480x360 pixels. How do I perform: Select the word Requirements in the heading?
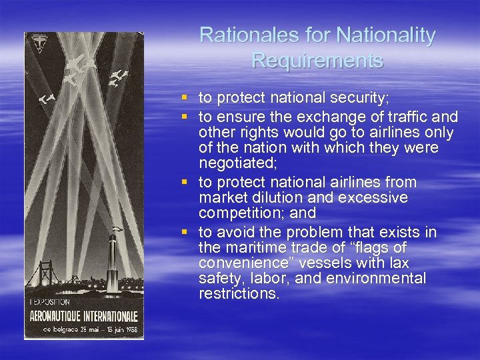(x=317, y=61)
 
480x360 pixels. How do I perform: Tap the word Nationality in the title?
(x=387, y=35)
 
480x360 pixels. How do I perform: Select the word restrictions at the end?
(x=238, y=294)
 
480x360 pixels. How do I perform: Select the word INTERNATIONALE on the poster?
(x=104, y=315)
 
